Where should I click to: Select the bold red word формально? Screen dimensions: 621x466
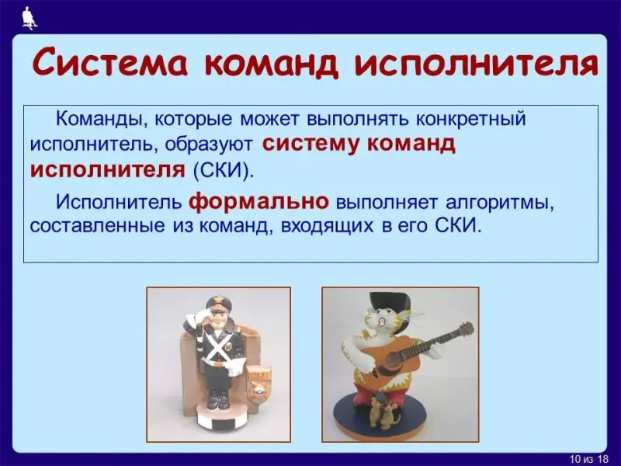258,201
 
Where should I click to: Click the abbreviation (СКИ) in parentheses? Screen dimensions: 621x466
224,170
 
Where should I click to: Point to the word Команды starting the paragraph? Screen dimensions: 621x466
102,119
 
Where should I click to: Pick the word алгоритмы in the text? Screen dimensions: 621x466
499,203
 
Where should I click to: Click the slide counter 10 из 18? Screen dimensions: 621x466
588,459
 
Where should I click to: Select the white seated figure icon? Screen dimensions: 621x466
29,18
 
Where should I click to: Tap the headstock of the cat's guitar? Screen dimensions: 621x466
464,329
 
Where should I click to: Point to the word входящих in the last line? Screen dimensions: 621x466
327,226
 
